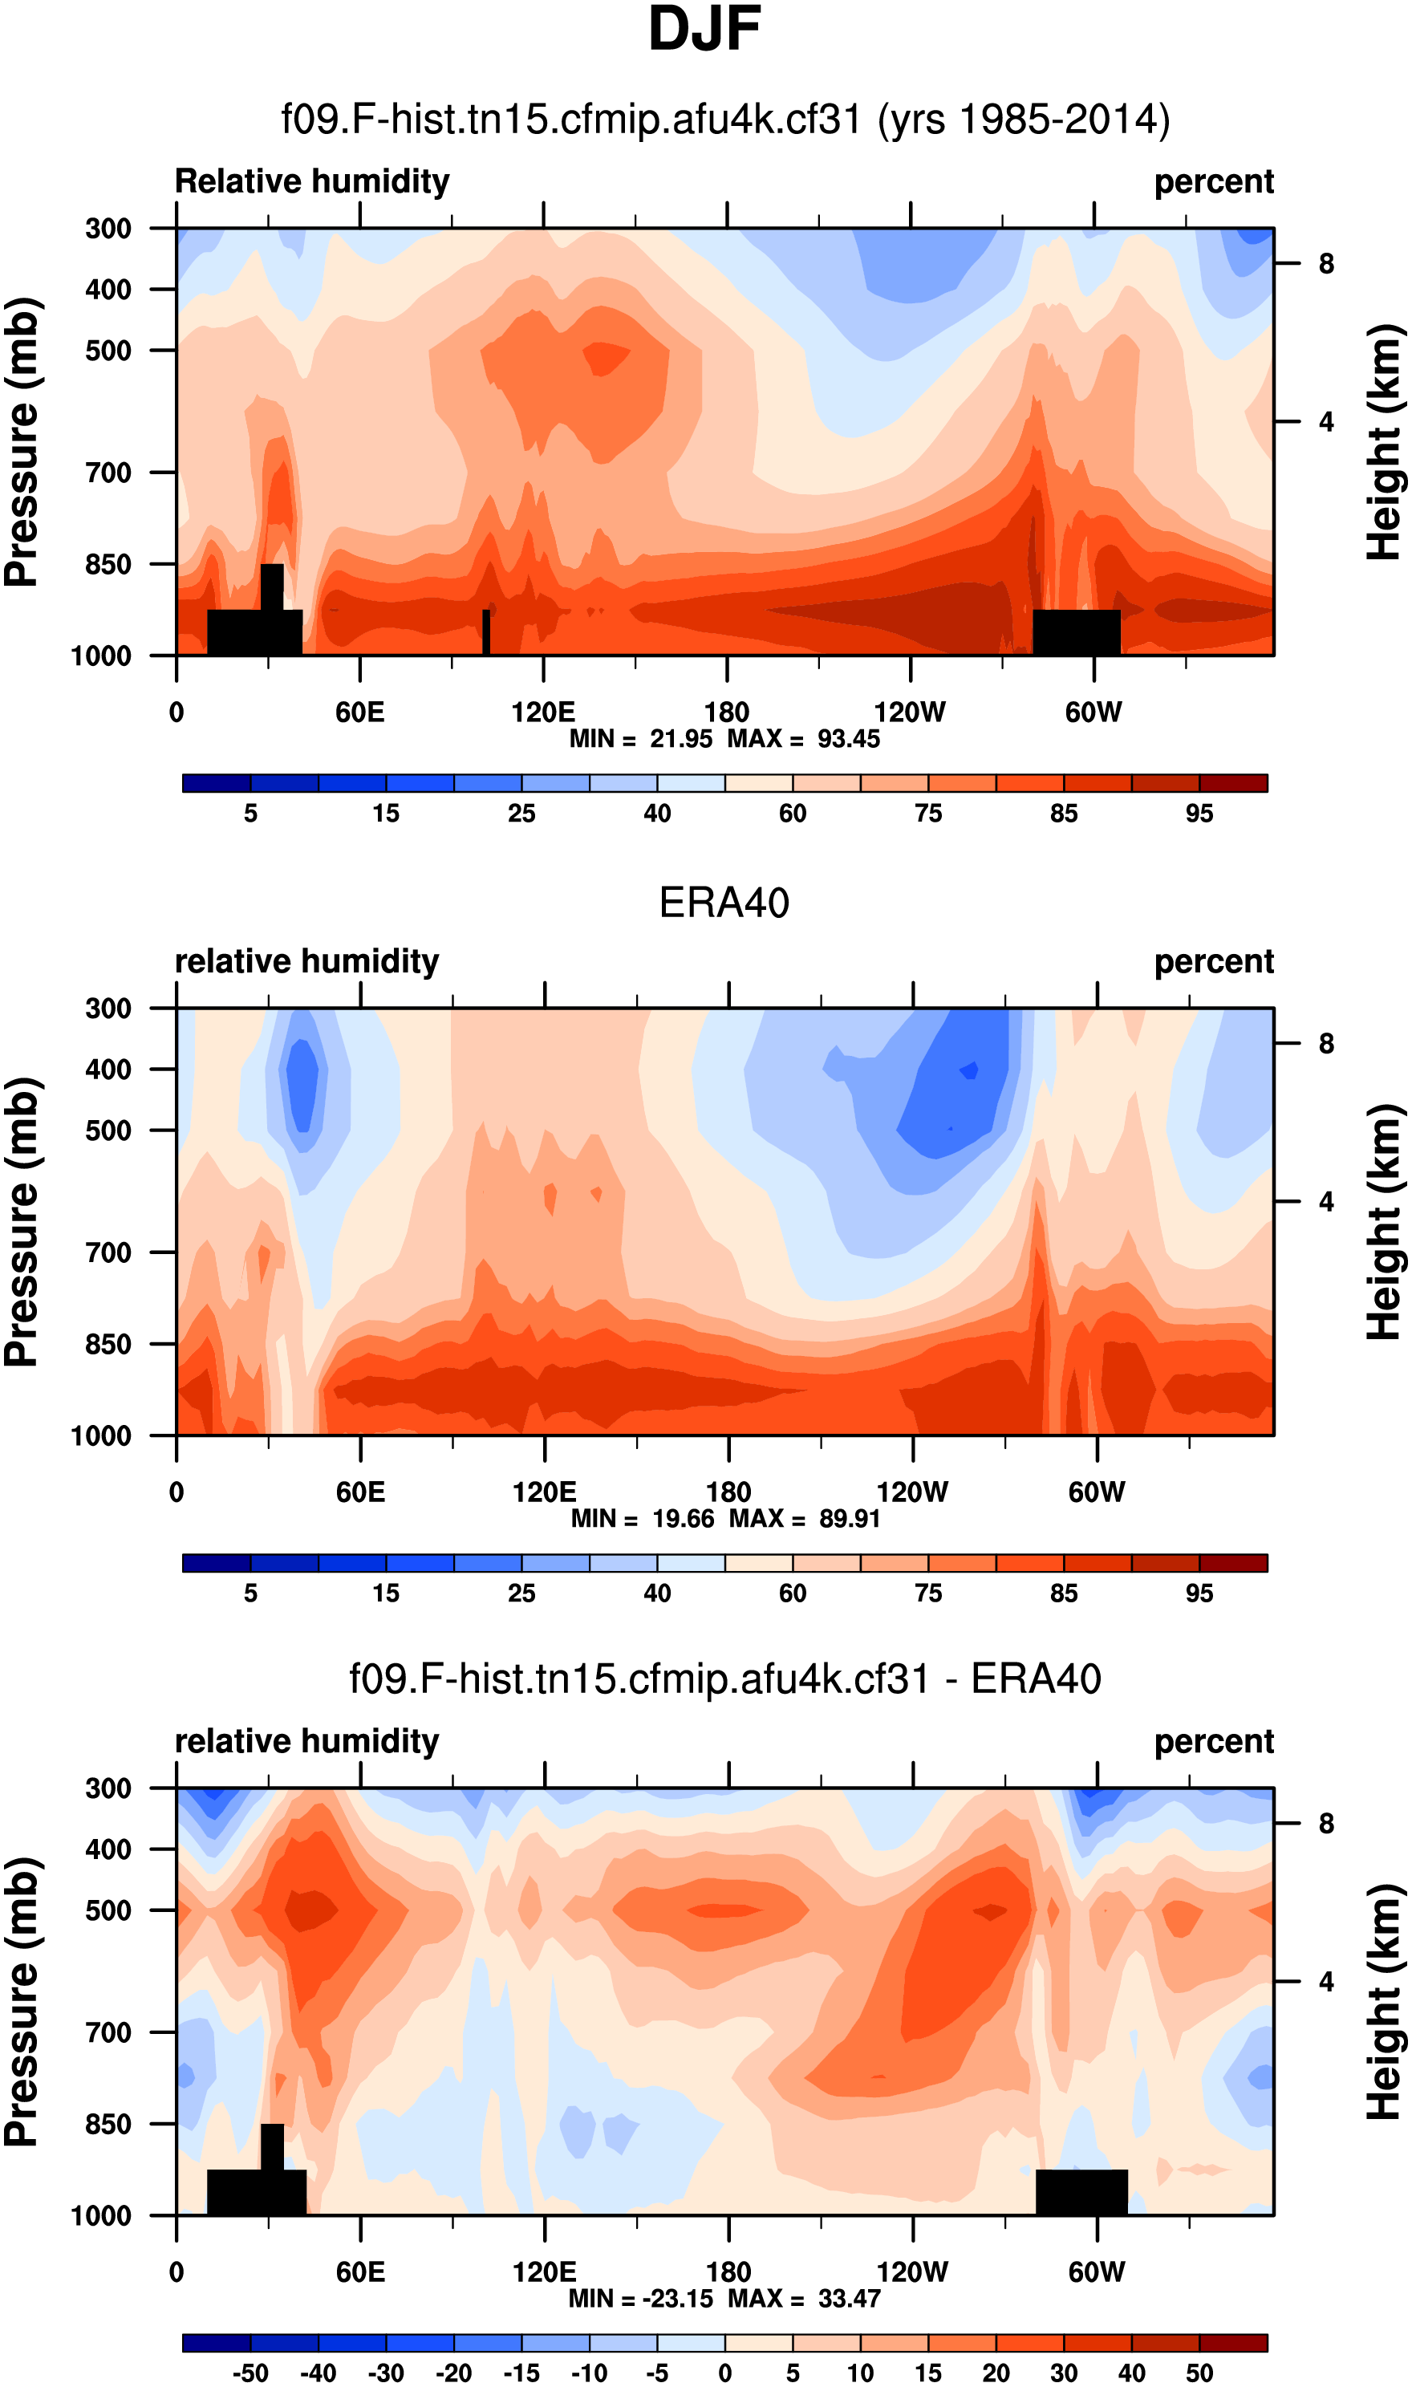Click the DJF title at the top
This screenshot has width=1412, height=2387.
pyautogui.click(x=704, y=29)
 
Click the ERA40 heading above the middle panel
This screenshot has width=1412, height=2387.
pyautogui.click(x=724, y=903)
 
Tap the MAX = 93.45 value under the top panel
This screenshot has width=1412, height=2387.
pyautogui.click(x=804, y=739)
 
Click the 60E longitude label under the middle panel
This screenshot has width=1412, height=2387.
pyautogui.click(x=360, y=1492)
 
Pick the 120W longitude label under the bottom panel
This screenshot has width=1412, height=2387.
pyautogui.click(x=911, y=2272)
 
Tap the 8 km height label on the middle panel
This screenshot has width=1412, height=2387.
pyautogui.click(x=1325, y=1045)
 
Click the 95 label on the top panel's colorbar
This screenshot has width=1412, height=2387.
pyautogui.click(x=1199, y=814)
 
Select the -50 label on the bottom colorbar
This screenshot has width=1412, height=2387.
pyautogui.click(x=250, y=2373)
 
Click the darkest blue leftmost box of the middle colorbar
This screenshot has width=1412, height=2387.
pyautogui.click(x=217, y=1563)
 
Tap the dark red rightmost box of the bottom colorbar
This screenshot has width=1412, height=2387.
pyautogui.click(x=1233, y=2342)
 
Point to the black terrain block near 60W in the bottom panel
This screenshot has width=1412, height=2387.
pyautogui.click(x=1081, y=2192)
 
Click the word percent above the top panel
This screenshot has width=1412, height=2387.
pyautogui.click(x=1213, y=181)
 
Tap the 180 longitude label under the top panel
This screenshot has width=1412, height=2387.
pyautogui.click(x=727, y=712)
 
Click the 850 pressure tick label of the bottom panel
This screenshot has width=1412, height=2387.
pyautogui.click(x=108, y=2125)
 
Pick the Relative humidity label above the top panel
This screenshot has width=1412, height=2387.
pyautogui.click(x=312, y=181)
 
